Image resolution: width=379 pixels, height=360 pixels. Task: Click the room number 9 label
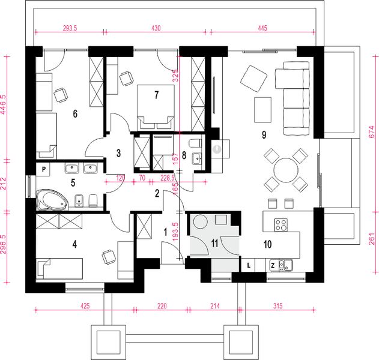click(264, 135)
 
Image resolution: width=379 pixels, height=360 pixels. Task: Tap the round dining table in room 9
click(286, 170)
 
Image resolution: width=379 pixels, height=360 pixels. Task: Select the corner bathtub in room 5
click(52, 199)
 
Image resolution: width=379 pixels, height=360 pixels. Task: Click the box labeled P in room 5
click(43, 169)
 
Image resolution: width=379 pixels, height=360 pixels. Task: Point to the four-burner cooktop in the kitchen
click(281, 224)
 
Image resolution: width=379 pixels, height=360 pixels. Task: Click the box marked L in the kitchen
click(249, 265)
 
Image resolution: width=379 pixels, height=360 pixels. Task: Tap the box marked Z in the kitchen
click(273, 266)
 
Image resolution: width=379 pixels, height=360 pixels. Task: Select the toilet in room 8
click(196, 143)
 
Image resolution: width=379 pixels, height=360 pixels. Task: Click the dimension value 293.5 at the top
click(70, 28)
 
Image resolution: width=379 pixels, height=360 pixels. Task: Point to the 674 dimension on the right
click(372, 131)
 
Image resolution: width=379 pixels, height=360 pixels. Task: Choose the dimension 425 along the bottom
click(85, 306)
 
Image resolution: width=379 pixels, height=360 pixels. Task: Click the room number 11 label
click(214, 244)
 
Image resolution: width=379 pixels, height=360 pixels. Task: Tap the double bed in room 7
click(156, 107)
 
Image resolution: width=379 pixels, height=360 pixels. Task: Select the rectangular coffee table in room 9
click(262, 110)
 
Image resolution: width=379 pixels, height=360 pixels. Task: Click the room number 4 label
click(74, 244)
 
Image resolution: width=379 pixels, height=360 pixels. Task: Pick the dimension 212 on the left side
click(3, 184)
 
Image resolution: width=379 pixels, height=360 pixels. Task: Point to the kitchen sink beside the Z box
click(286, 265)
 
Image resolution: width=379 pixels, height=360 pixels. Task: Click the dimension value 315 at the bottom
click(277, 306)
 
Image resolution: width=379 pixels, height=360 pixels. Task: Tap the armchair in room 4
click(109, 257)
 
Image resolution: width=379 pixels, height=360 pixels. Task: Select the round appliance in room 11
click(201, 221)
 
